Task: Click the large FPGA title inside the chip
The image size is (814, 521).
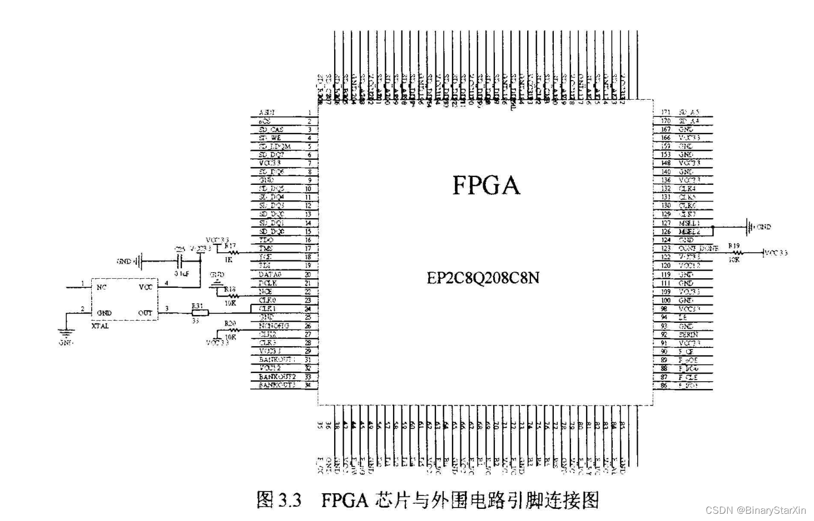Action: click(486, 185)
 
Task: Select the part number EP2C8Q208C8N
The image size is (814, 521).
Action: click(483, 277)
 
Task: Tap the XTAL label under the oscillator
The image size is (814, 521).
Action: click(100, 326)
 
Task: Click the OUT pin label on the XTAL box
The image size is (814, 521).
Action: click(145, 313)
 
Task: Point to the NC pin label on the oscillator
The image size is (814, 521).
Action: click(101, 287)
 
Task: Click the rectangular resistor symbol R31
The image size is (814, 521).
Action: click(200, 313)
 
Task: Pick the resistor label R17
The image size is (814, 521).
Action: click(230, 245)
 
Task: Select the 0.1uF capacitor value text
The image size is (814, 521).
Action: click(181, 274)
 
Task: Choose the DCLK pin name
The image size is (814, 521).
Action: click(268, 283)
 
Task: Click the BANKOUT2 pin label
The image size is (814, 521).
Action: click(277, 377)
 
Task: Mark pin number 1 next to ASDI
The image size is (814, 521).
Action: click(310, 112)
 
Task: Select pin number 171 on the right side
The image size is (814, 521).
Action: click(666, 112)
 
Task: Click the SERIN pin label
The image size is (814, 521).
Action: click(688, 335)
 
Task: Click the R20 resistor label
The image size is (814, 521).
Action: click(230, 323)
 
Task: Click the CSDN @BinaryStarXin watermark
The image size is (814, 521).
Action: click(756, 510)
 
